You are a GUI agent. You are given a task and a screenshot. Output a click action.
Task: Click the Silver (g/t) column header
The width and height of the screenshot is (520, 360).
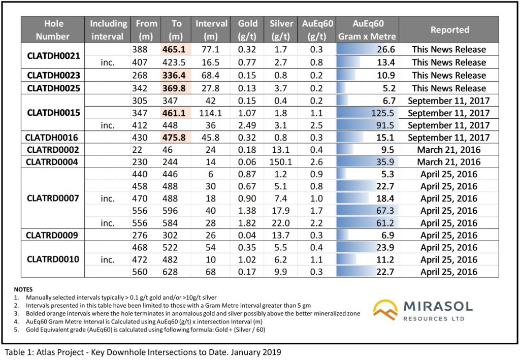pos(281,30)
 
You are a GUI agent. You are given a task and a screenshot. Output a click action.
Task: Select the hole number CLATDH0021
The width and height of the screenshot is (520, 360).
pos(54,56)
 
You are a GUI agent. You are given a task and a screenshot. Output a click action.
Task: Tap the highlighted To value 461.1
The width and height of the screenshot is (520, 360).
pos(176,113)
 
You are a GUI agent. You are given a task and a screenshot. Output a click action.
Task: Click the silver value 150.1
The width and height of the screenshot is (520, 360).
pos(281,162)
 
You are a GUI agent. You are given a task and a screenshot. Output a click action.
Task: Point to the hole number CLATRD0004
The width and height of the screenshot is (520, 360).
pos(54,162)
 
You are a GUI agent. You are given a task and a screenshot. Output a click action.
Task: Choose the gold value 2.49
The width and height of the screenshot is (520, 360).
pos(248,125)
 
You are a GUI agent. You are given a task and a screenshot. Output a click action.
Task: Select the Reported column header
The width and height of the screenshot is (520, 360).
pos(450,30)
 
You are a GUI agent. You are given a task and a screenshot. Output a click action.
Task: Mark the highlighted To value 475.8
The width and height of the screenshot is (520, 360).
pos(176,137)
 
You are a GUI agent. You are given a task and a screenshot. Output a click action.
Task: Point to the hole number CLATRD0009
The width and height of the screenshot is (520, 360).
pos(54,235)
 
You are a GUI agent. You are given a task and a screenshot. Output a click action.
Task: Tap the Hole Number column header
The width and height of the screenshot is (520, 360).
pos(54,30)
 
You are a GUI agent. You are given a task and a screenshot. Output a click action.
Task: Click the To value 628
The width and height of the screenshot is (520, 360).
pos(176,272)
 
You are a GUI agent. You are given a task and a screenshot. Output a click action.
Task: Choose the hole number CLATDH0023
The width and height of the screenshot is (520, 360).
pos(54,75)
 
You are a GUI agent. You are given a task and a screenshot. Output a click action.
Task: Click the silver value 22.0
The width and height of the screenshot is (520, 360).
pos(281,223)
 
